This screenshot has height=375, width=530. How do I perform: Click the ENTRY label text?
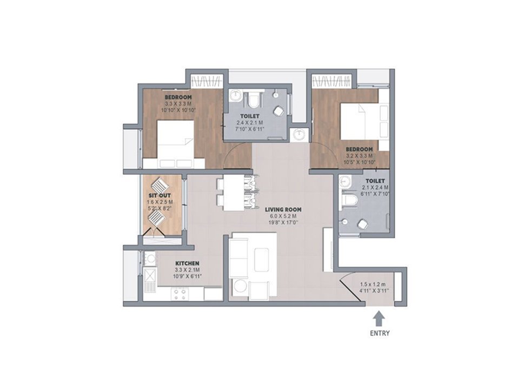[380, 333]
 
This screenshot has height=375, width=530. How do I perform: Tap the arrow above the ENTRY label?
[380, 319]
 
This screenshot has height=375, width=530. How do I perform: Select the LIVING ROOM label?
[283, 209]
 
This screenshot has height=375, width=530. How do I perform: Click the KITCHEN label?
[187, 264]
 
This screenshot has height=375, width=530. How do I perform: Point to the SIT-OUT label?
[160, 195]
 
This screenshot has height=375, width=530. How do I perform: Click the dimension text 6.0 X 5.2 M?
[283, 216]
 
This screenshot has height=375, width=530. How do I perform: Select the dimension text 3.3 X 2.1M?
[187, 270]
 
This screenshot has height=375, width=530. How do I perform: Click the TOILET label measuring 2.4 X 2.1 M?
[250, 116]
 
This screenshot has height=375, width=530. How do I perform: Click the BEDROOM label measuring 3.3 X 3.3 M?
[178, 97]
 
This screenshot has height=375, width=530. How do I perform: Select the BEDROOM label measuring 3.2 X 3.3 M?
[359, 149]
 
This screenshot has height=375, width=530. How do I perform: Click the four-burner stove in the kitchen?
[180, 294]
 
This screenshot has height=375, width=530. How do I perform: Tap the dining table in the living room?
[234, 193]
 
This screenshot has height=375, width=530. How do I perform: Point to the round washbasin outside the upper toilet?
[299, 135]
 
